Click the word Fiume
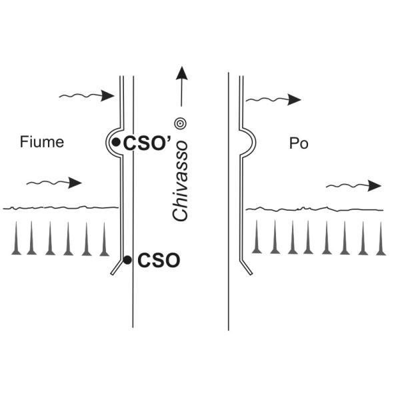coord(42,142)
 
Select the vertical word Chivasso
coord(179,181)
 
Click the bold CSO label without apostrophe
coord(159,261)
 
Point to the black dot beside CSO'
coord(116,142)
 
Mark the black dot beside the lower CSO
coord(127,259)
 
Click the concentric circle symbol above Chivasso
coord(179,123)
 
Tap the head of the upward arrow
coord(179,71)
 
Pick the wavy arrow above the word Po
coord(273,99)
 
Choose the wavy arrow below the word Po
coord(354,185)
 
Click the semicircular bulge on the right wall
coord(249,141)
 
